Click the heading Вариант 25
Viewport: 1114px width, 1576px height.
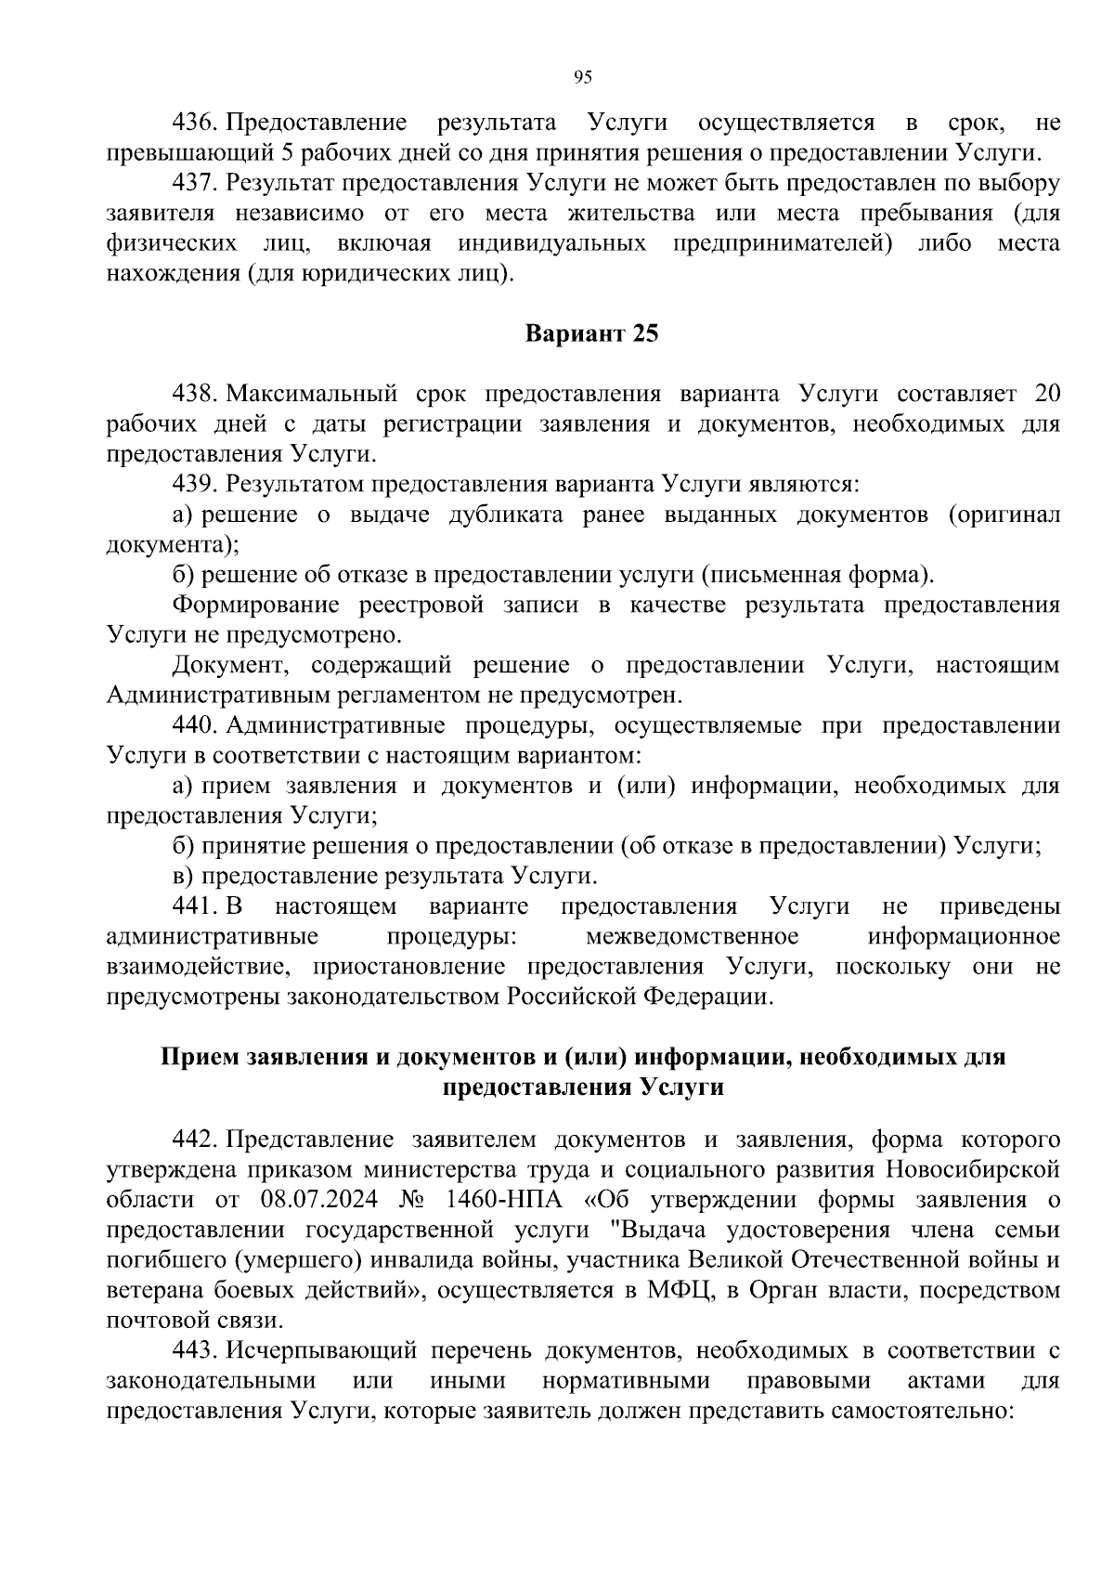[591, 333]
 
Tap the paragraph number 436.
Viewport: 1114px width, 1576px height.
[194, 124]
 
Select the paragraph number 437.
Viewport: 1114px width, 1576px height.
[194, 184]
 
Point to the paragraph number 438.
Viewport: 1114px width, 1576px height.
[194, 395]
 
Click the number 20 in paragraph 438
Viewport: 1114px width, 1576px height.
[1046, 395]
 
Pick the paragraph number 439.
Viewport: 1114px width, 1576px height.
[194, 485]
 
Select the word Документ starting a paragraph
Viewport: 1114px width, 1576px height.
[231, 666]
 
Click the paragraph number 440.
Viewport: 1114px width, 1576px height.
[194, 726]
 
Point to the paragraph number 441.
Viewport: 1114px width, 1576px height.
[194, 906]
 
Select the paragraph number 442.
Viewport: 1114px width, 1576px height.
[194, 1140]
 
